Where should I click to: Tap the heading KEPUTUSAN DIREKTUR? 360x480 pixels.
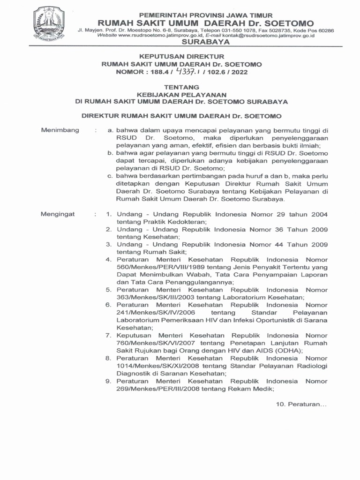(x=182, y=56)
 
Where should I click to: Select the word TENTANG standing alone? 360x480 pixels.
(x=181, y=87)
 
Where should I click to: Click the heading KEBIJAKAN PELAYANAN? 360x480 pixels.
(x=181, y=94)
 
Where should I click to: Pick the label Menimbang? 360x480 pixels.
(x=60, y=130)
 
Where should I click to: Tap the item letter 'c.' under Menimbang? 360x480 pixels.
(x=111, y=176)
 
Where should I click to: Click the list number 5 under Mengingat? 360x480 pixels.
(x=108, y=290)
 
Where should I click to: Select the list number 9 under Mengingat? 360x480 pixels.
(x=108, y=381)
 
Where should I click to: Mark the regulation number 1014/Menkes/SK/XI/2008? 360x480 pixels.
(x=156, y=366)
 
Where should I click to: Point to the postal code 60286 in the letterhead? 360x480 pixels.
(x=324, y=30)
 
